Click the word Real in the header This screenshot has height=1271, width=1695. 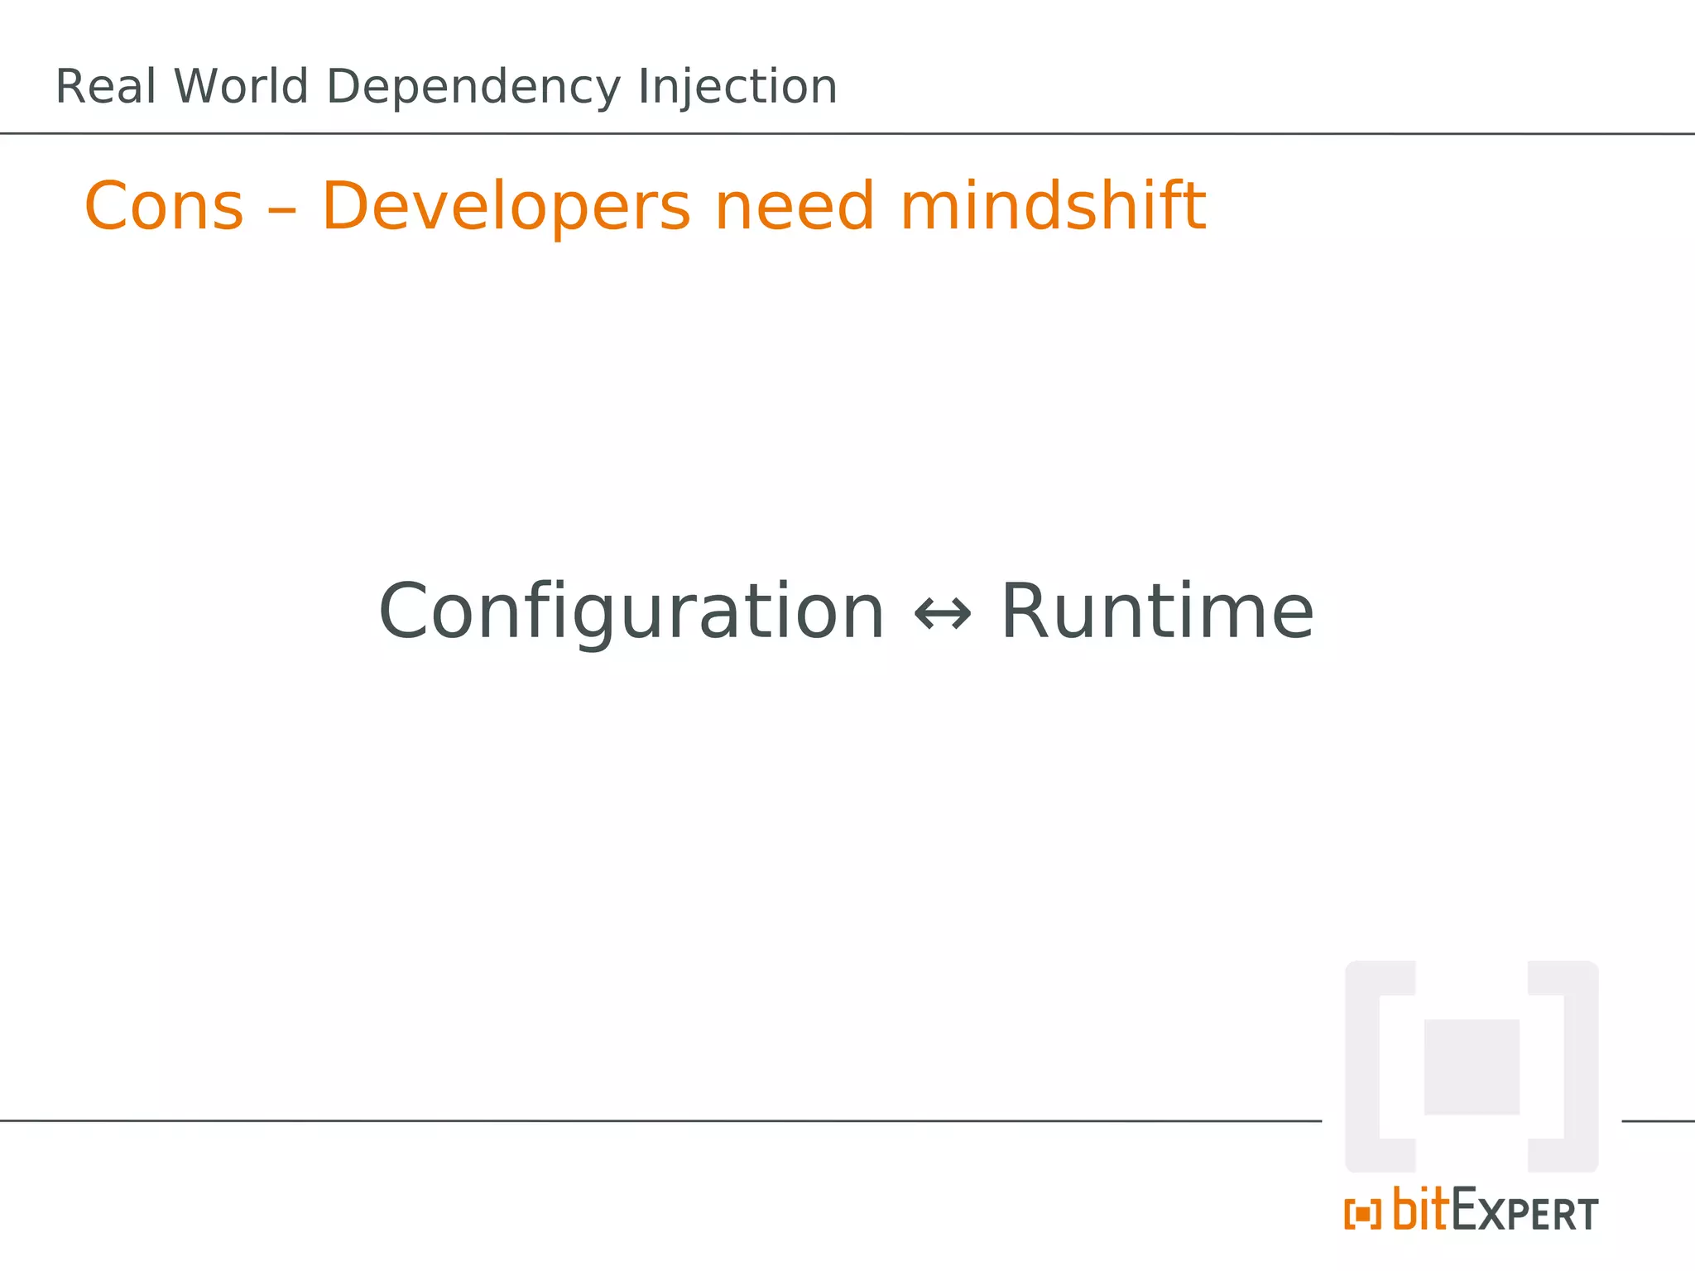click(x=105, y=87)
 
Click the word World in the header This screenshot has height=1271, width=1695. click(x=241, y=87)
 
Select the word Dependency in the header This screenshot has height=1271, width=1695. click(x=473, y=89)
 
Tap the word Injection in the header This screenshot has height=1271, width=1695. click(x=737, y=89)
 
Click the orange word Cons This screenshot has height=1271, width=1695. click(x=164, y=207)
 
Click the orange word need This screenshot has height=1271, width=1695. click(x=794, y=207)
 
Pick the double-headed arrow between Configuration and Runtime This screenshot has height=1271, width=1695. click(x=943, y=615)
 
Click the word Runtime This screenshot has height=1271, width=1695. click(x=1157, y=612)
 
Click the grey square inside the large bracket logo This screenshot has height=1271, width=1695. click(x=1472, y=1067)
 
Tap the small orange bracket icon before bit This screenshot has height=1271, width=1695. click(x=1362, y=1215)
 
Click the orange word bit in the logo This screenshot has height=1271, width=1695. click(x=1420, y=1210)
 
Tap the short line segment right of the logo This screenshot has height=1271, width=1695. click(x=1658, y=1121)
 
